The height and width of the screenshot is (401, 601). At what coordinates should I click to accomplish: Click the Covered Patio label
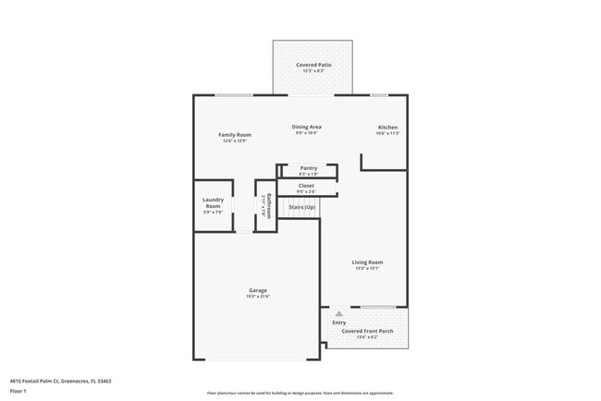click(x=313, y=65)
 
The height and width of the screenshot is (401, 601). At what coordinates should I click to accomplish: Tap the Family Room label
click(x=235, y=135)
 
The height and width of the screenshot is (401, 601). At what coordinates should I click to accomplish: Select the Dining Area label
click(x=307, y=127)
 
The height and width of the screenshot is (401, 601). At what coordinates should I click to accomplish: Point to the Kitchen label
click(x=387, y=127)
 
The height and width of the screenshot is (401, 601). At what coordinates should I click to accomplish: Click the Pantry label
click(x=308, y=168)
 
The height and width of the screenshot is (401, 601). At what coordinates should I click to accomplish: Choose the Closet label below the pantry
click(x=306, y=186)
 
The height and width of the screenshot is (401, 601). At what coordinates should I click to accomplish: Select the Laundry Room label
click(x=213, y=203)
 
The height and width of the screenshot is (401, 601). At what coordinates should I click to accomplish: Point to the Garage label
click(x=258, y=290)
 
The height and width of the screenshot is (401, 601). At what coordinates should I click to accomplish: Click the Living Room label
click(x=367, y=262)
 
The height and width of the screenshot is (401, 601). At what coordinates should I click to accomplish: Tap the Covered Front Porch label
click(x=367, y=330)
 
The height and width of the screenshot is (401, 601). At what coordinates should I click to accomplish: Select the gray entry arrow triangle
click(x=338, y=313)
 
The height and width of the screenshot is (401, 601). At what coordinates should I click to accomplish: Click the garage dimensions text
click(x=258, y=297)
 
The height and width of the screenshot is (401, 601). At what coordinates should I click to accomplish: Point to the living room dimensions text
click(x=367, y=269)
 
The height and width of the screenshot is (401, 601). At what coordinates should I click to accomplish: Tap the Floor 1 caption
click(x=18, y=390)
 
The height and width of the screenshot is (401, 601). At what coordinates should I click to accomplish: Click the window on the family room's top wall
click(x=234, y=95)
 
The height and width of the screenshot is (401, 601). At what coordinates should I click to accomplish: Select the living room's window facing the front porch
click(x=378, y=307)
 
